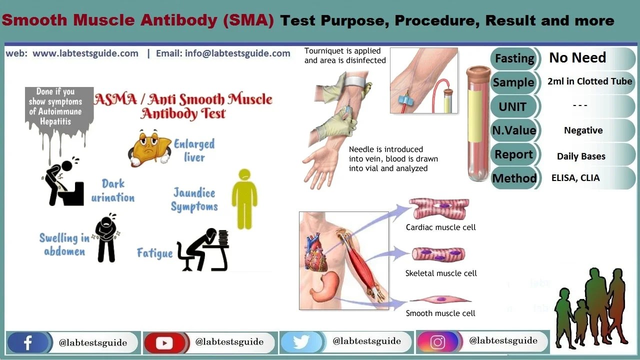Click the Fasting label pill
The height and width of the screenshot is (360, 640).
pyautogui.click(x=514, y=58)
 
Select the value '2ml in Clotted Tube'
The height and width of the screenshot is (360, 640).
pyautogui.click(x=589, y=81)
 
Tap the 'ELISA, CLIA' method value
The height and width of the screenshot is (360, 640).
pyautogui.click(x=575, y=178)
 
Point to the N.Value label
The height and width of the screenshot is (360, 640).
pyautogui.click(x=514, y=130)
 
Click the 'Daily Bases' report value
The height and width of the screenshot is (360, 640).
pyautogui.click(x=581, y=156)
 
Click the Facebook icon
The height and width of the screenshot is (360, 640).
pyautogui.click(x=28, y=342)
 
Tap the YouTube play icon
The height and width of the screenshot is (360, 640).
pyautogui.click(x=164, y=342)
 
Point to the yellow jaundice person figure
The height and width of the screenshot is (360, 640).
pyautogui.click(x=244, y=198)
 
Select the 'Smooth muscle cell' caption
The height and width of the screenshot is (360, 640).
pyautogui.click(x=440, y=313)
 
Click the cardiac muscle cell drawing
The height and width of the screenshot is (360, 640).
pyautogui.click(x=439, y=208)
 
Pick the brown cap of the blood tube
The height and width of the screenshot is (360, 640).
pyautogui.click(x=478, y=74)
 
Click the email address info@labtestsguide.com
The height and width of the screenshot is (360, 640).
pyautogui.click(x=223, y=53)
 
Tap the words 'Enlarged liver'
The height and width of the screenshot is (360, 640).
pyautogui.click(x=194, y=150)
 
